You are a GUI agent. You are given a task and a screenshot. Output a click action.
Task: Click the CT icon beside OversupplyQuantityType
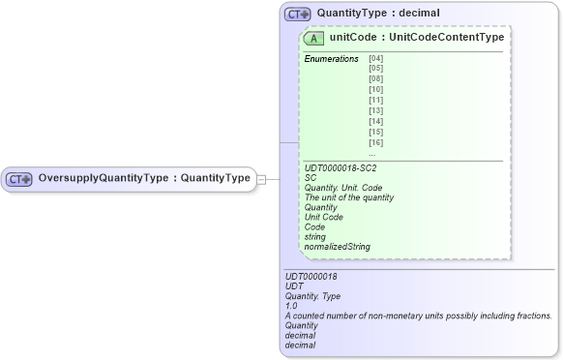pyautogui.click(x=19, y=178)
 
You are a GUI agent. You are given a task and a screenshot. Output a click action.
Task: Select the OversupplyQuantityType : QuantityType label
pyautogui.click(x=144, y=178)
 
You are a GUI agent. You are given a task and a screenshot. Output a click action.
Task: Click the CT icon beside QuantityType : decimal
pyautogui.click(x=297, y=15)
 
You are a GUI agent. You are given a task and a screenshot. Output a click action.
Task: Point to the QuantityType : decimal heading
pyautogui.click(x=378, y=15)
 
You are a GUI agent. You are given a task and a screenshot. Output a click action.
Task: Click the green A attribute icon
pyautogui.click(x=313, y=38)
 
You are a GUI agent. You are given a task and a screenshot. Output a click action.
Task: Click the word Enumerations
pyautogui.click(x=331, y=59)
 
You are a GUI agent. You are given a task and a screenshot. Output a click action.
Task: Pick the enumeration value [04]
pyautogui.click(x=375, y=59)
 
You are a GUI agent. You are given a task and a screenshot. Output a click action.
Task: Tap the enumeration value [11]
pyautogui.click(x=375, y=101)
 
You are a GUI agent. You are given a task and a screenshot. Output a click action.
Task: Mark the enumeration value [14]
pyautogui.click(x=375, y=122)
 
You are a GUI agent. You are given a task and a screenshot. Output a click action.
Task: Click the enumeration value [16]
pyautogui.click(x=375, y=142)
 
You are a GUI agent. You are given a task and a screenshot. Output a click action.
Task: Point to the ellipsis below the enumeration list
pyautogui.click(x=371, y=153)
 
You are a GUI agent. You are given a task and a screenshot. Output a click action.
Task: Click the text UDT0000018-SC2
pyautogui.click(x=340, y=167)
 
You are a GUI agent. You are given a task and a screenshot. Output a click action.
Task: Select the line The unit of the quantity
pyautogui.click(x=348, y=197)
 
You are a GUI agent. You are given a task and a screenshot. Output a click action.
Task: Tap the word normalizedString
pyautogui.click(x=337, y=247)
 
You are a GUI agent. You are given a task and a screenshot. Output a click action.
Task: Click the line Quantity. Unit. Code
pyautogui.click(x=343, y=188)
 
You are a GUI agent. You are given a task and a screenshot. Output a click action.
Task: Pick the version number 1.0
pyautogui.click(x=292, y=306)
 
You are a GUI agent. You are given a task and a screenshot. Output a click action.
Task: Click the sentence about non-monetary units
pyautogui.click(x=418, y=315)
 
